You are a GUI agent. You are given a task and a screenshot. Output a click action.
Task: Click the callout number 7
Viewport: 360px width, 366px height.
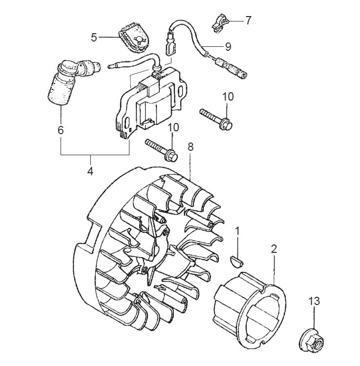click(x=248, y=20)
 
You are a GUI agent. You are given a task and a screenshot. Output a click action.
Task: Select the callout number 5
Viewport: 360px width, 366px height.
click(x=94, y=38)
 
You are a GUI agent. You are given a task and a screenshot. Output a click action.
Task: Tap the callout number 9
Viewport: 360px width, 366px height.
click(x=228, y=47)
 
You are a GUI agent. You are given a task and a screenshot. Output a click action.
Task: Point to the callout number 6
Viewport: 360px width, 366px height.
click(x=61, y=130)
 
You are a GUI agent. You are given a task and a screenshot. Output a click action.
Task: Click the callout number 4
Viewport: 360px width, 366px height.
click(x=90, y=171)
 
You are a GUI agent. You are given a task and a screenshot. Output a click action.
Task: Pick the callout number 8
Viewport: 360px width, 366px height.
click(x=191, y=147)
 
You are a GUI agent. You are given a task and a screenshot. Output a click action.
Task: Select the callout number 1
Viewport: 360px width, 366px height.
click(x=237, y=231)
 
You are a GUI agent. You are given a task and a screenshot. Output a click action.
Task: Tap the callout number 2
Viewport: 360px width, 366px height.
click(x=274, y=249)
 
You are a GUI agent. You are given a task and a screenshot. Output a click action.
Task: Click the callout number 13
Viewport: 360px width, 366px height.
click(x=314, y=301)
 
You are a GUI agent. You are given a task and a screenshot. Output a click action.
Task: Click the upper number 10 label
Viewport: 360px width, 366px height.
click(x=228, y=97)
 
